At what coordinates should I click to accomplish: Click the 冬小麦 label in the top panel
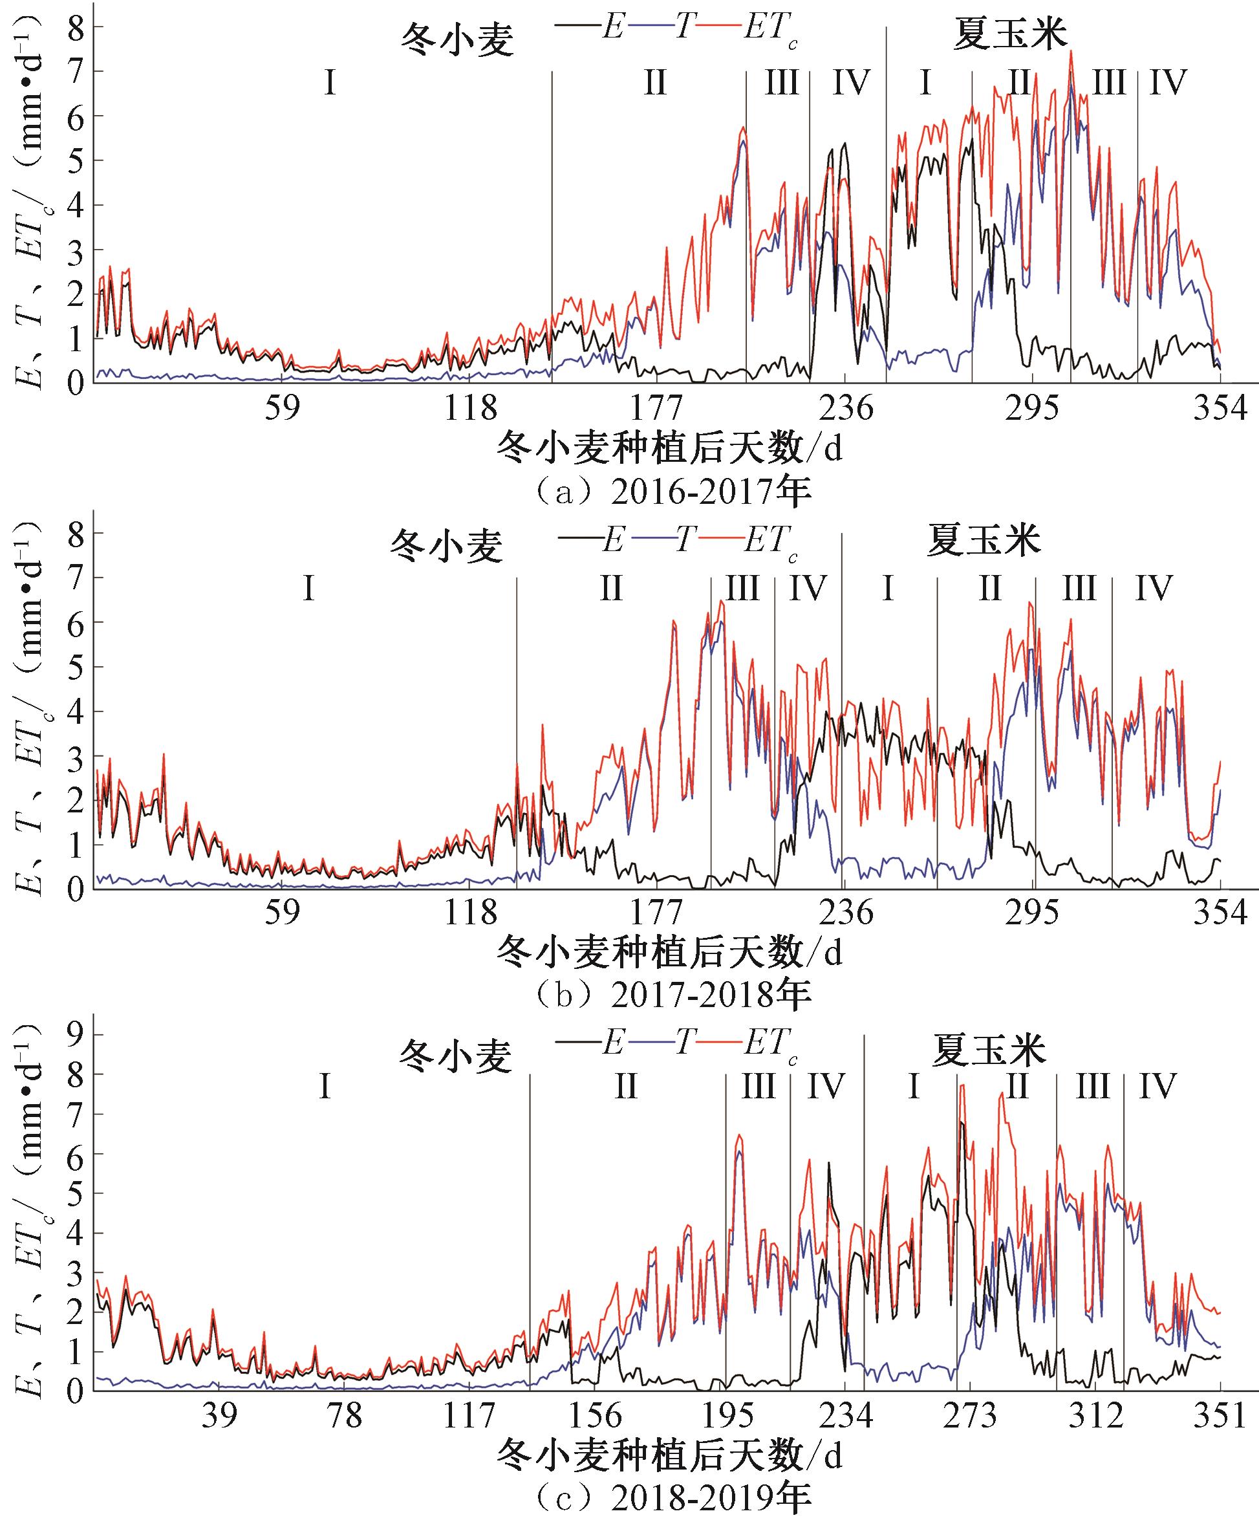point(457,40)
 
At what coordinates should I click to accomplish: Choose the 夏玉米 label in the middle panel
point(984,541)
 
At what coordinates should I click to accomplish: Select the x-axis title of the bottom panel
point(669,1455)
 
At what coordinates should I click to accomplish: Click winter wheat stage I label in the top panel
point(330,84)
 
